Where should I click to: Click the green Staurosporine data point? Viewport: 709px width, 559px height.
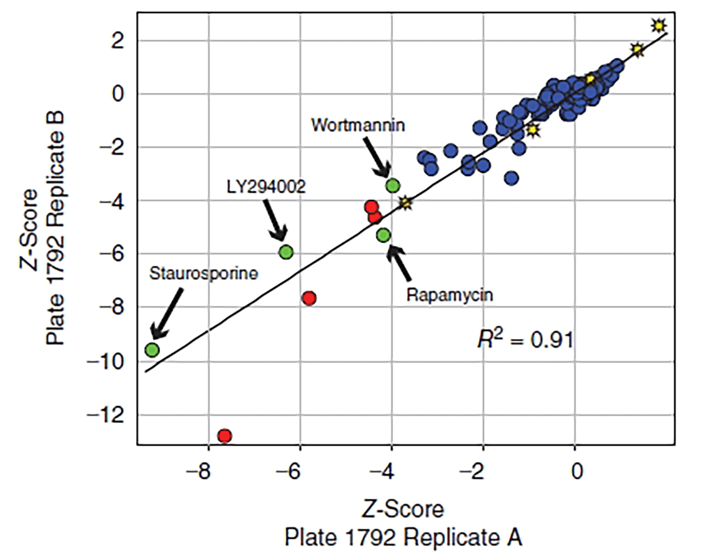152,350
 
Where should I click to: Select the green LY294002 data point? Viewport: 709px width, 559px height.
286,252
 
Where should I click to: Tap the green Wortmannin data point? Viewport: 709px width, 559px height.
393,185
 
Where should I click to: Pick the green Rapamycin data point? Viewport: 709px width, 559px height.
383,235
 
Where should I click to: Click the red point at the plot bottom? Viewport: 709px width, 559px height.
225,436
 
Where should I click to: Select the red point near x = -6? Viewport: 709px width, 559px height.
309,298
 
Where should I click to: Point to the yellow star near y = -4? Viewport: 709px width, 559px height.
406,203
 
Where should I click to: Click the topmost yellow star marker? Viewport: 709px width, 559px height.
658,26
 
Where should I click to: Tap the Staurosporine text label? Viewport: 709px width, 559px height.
203,274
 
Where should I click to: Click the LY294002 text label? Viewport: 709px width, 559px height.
266,187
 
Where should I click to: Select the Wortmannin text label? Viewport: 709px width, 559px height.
358,125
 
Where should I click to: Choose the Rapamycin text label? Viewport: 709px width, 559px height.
450,295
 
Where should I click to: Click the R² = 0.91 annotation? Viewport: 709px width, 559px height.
525,340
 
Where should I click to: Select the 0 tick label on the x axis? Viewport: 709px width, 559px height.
576,471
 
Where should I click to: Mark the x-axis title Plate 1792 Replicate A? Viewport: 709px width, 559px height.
403,537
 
